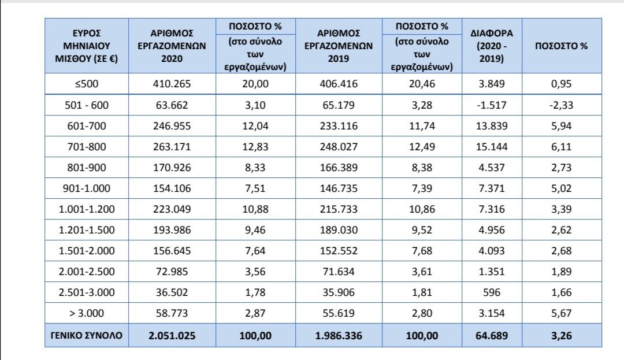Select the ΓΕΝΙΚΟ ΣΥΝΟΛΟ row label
[x=87, y=335]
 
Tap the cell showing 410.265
[x=172, y=84]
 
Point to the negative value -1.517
[x=492, y=105]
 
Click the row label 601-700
[x=87, y=125]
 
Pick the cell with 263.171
[x=172, y=147]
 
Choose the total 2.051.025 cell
[x=172, y=335]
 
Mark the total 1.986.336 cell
[x=339, y=335]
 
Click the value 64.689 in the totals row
[x=492, y=335]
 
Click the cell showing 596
[x=492, y=293]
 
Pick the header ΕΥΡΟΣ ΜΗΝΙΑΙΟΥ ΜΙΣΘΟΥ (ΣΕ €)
[x=87, y=46]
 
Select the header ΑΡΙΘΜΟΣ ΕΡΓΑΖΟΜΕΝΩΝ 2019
[x=339, y=46]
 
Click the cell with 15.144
[x=492, y=147]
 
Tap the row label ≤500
[x=87, y=84]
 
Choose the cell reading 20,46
[x=422, y=84]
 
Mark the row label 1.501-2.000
[x=87, y=251]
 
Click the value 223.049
[x=172, y=209]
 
